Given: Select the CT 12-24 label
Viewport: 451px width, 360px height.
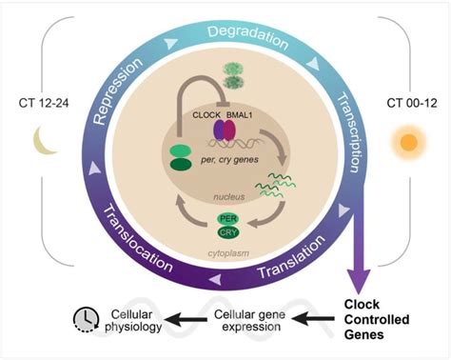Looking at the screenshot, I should pos(38,101).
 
